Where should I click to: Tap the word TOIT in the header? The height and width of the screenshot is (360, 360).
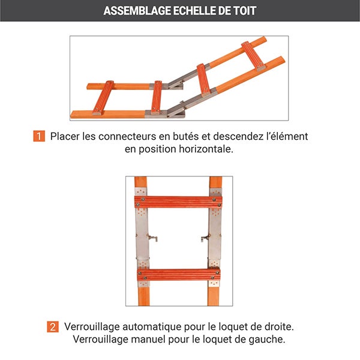tap(244, 11)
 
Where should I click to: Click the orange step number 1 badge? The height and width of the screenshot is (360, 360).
tap(39, 136)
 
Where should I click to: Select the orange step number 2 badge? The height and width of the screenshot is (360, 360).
tap(53, 327)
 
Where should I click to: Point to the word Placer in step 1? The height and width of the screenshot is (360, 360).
tap(64, 136)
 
